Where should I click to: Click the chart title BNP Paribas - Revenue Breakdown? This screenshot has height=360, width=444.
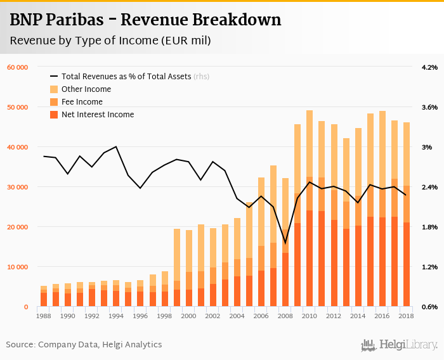(145, 20)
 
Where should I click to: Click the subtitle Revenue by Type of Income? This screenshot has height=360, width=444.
(110, 41)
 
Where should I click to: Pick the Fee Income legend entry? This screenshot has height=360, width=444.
(81, 102)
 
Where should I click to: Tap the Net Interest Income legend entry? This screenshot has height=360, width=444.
(97, 115)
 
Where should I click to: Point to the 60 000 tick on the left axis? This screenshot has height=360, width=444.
(17, 67)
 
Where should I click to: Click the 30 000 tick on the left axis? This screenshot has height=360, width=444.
(17, 187)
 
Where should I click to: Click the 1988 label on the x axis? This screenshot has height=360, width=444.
(44, 316)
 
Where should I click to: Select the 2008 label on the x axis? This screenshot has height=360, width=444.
(285, 316)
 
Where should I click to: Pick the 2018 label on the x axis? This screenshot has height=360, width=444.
(405, 316)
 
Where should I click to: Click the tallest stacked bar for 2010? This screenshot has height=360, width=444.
(310, 209)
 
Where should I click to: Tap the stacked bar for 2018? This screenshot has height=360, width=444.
(406, 215)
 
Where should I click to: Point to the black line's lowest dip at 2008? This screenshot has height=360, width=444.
(285, 243)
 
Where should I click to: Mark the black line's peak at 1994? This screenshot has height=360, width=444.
(116, 146)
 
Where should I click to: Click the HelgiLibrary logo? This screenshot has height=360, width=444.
(400, 345)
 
